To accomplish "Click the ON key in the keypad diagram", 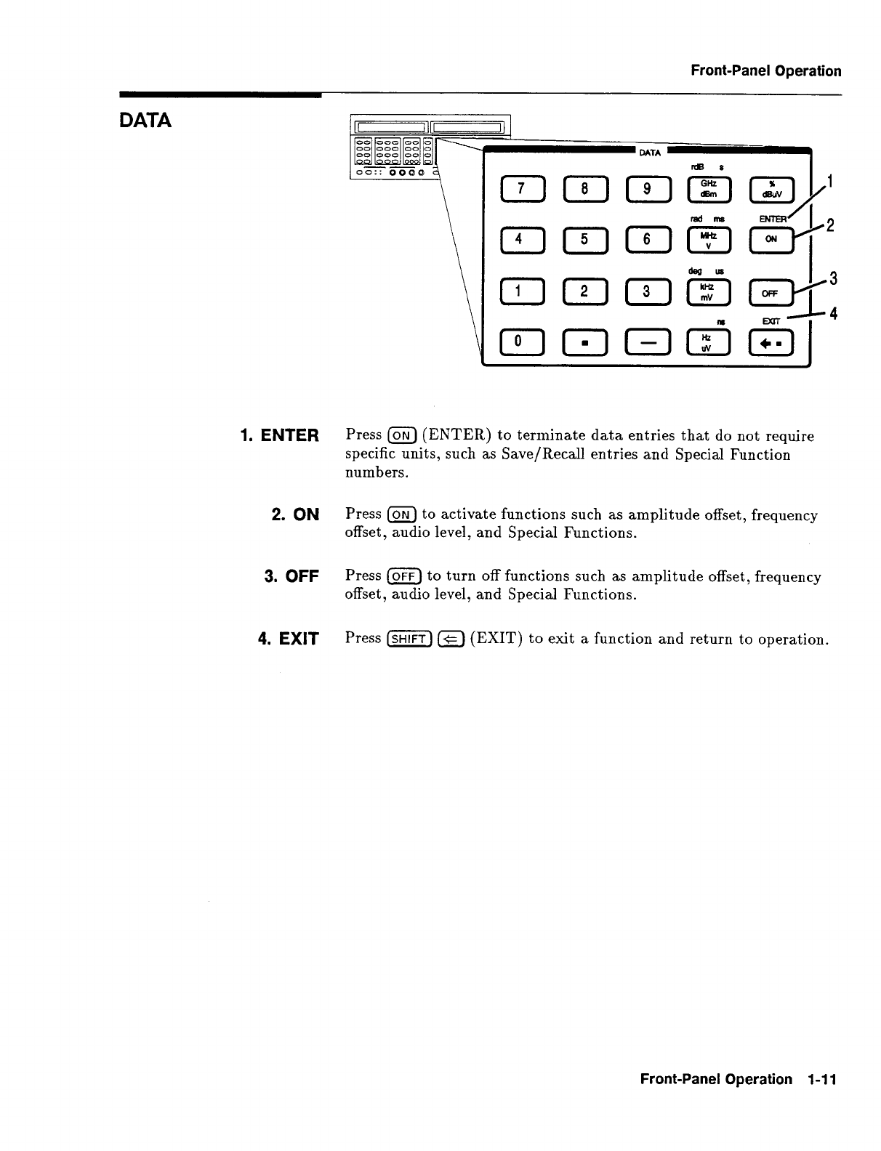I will (771, 241).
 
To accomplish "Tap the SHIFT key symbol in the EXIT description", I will (411, 639).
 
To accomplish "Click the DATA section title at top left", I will (145, 121).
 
